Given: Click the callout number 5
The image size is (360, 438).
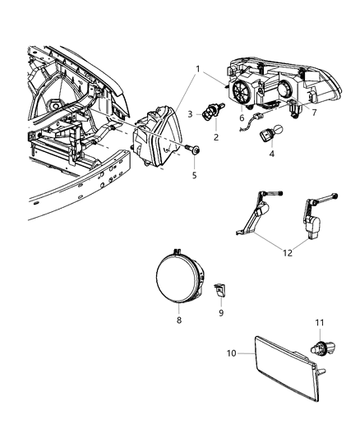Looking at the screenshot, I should point(194,175).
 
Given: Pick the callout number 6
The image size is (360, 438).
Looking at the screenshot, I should point(241,118).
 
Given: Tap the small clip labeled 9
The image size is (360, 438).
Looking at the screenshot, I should point(219,288).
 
